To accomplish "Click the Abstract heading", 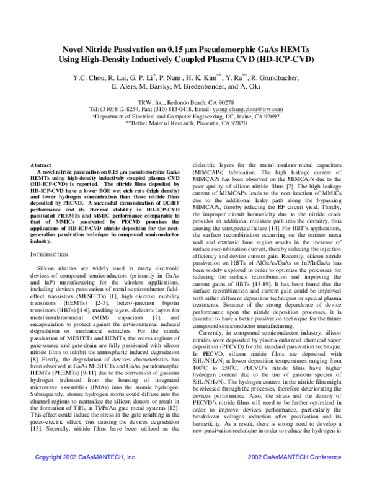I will coord(42,166).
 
